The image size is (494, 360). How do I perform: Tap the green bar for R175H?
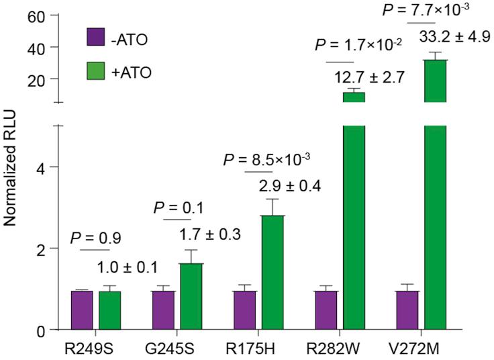click(273, 272)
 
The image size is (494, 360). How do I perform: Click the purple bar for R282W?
click(326, 310)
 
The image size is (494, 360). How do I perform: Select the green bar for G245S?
click(191, 296)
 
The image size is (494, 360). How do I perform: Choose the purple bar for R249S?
click(82, 310)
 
